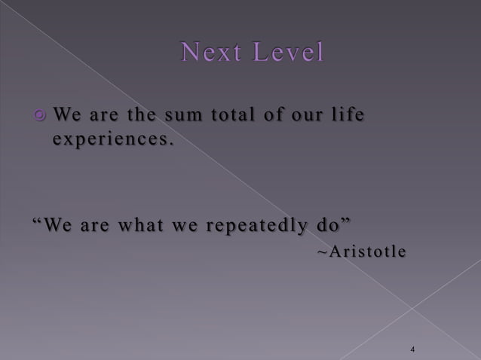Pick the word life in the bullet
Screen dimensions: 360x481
[347, 116]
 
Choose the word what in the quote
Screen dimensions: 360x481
[130, 225]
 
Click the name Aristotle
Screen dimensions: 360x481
[369, 251]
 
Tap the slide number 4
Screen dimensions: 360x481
[413, 349]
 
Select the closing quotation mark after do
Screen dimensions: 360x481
[347, 221]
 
